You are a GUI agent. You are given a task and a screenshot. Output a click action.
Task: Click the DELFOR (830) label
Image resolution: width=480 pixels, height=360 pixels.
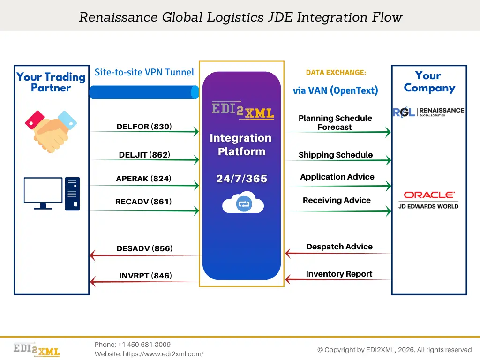(144, 127)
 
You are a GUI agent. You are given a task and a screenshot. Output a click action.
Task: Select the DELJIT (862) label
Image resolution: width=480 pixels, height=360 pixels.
(144, 155)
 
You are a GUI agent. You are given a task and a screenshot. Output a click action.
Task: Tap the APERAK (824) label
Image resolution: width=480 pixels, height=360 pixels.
(143, 179)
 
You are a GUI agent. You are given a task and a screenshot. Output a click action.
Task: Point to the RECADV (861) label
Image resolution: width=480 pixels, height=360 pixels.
(143, 202)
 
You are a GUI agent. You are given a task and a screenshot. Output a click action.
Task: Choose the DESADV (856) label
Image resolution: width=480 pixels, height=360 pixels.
(144, 248)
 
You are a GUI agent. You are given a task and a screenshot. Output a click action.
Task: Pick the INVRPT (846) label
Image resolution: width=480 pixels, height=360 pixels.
(145, 276)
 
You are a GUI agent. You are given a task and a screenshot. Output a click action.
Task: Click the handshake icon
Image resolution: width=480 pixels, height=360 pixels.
(51, 127)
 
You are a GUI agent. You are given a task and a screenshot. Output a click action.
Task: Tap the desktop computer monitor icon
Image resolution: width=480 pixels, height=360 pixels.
(43, 193)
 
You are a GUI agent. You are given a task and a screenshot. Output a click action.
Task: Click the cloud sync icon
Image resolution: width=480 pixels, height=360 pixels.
(243, 203)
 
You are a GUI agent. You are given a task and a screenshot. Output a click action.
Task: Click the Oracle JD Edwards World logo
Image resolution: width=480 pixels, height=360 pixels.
(428, 199)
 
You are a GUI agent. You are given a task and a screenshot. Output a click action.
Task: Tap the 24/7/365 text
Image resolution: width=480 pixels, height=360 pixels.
(241, 179)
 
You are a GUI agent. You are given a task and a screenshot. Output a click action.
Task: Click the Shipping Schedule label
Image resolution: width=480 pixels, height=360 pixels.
(336, 155)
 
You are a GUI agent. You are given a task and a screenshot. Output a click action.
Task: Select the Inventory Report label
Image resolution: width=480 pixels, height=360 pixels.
(339, 274)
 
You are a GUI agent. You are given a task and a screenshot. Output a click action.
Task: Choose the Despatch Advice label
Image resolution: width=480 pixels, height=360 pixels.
(339, 247)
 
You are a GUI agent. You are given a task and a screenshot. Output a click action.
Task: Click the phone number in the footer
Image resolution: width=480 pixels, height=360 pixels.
(133, 345)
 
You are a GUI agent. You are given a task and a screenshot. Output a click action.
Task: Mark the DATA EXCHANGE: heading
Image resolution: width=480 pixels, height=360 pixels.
(336, 73)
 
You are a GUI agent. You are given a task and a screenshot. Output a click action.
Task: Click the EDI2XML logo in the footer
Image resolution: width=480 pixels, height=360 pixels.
(37, 349)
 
